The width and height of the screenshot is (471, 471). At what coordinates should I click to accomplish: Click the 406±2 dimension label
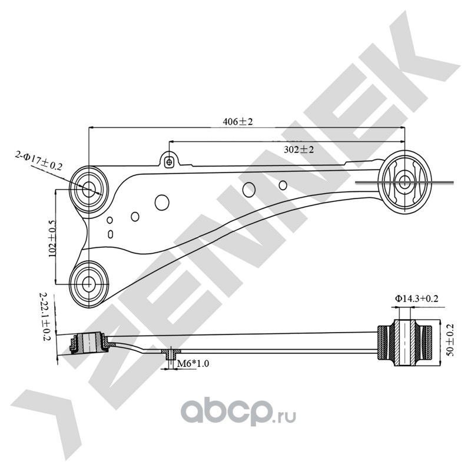point(238,122)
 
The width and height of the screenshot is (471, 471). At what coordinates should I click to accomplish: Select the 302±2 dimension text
point(298,150)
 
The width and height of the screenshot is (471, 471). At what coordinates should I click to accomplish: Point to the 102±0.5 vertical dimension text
point(52,238)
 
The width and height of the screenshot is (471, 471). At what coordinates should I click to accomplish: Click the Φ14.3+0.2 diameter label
point(417,298)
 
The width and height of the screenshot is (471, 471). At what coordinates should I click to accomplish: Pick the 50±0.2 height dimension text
point(450,340)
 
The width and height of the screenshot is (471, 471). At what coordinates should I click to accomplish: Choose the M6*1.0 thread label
point(193,363)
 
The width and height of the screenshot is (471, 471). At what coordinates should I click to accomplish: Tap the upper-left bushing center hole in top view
point(88,188)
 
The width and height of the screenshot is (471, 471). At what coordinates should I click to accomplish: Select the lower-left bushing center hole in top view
point(88,283)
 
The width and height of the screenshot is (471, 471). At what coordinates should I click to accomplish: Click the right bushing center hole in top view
point(404,182)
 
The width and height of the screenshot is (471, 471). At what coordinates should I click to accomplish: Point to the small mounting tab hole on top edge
point(169,162)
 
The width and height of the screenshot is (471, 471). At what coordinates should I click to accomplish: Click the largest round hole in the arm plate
point(162,202)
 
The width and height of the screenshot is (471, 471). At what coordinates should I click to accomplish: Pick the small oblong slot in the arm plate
point(110,234)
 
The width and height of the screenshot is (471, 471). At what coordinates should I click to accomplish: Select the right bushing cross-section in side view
point(404,343)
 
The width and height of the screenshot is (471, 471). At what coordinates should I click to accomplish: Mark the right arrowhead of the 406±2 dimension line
point(402,128)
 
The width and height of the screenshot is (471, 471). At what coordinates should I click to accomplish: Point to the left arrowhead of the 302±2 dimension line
point(172,141)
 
